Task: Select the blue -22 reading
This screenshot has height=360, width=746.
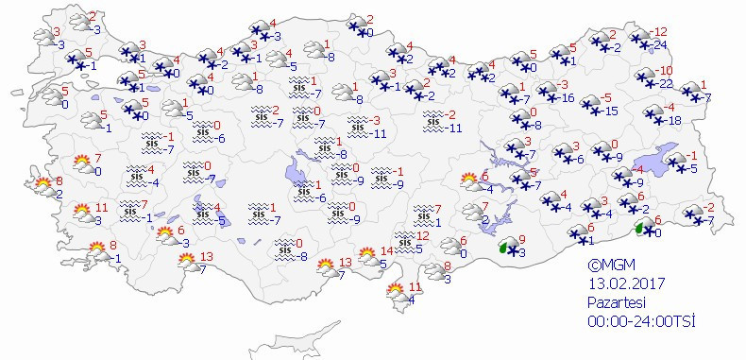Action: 665,84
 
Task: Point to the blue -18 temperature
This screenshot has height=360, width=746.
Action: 674,120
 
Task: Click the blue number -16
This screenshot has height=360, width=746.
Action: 568,97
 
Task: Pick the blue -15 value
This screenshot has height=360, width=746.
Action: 611,111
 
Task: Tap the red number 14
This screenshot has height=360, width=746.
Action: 386,251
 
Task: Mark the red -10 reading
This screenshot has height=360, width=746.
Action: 665,71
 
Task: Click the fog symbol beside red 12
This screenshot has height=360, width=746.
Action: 403,238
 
